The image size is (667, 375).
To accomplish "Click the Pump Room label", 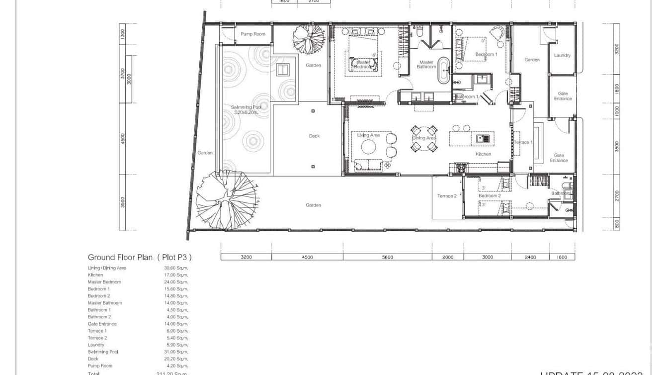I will tap(253, 34).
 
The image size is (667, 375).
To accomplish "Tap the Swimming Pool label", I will tap(246, 110).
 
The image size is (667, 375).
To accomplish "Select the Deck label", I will tap(314, 136).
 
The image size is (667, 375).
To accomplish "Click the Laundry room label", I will tap(562, 55).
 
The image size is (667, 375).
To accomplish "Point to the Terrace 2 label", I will tap(446, 196).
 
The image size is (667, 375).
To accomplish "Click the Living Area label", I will tap(368, 135).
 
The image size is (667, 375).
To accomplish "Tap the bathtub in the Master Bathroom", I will tap(442, 70).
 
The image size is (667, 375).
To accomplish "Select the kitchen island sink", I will tap(482, 138).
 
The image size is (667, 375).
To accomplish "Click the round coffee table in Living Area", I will tap(368, 147).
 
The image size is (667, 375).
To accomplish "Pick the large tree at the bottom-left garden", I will tap(227, 198).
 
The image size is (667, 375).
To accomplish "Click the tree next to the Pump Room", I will tap(308, 39).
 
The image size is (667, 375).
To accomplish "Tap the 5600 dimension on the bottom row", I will tap(387, 257).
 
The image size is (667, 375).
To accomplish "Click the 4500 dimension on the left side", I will tap(123, 138).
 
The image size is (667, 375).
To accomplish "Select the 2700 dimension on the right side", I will tap(617, 195).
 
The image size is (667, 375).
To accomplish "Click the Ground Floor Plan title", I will tap(139, 257).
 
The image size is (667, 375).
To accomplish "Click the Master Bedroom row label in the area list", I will tap(104, 282).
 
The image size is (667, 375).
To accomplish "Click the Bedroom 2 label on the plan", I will tap(489, 196).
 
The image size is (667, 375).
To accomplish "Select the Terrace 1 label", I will tap(523, 142).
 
